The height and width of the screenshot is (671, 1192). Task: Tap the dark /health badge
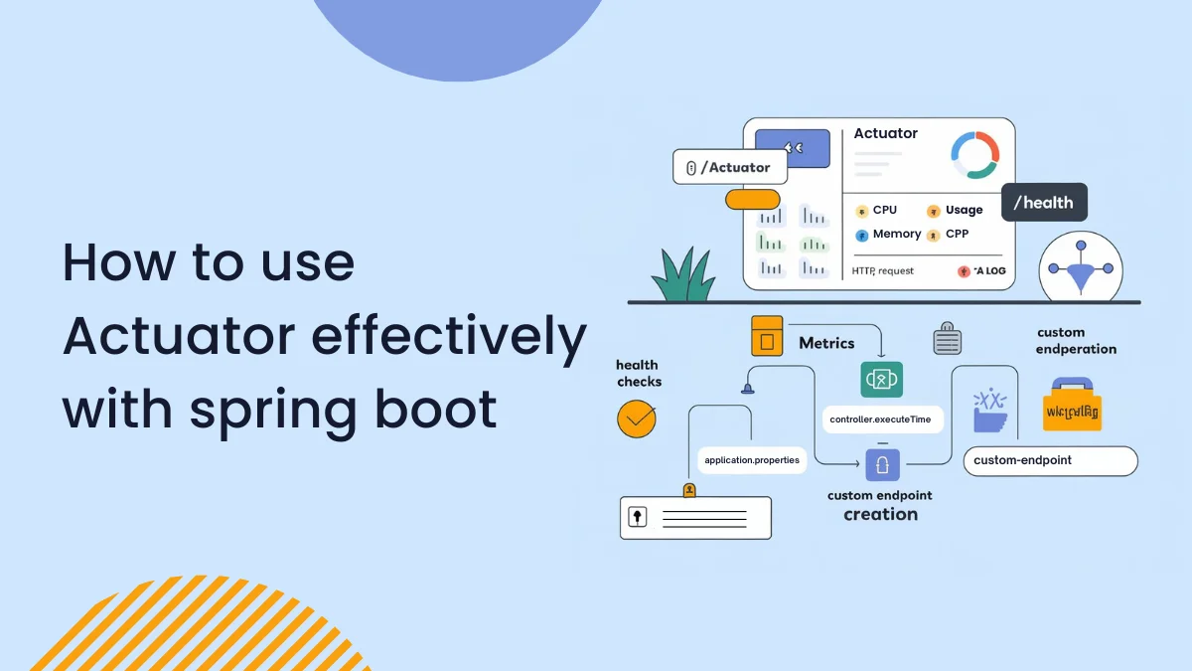tap(1043, 203)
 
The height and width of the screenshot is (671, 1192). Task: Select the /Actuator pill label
tap(730, 167)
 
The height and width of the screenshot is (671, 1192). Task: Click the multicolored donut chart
tap(974, 155)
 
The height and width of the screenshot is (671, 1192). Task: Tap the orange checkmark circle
tap(637, 419)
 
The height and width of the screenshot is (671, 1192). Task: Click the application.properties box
tap(751, 460)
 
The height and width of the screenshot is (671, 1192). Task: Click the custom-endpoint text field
tap(1050, 460)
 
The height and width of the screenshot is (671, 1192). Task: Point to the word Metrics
tap(826, 343)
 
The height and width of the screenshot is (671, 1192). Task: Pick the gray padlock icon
tap(948, 339)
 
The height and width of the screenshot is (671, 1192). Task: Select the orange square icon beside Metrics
tap(767, 336)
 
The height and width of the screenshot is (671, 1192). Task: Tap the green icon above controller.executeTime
tap(881, 380)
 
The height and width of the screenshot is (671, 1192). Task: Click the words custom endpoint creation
tap(880, 505)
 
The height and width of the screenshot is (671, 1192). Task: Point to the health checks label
tap(639, 373)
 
